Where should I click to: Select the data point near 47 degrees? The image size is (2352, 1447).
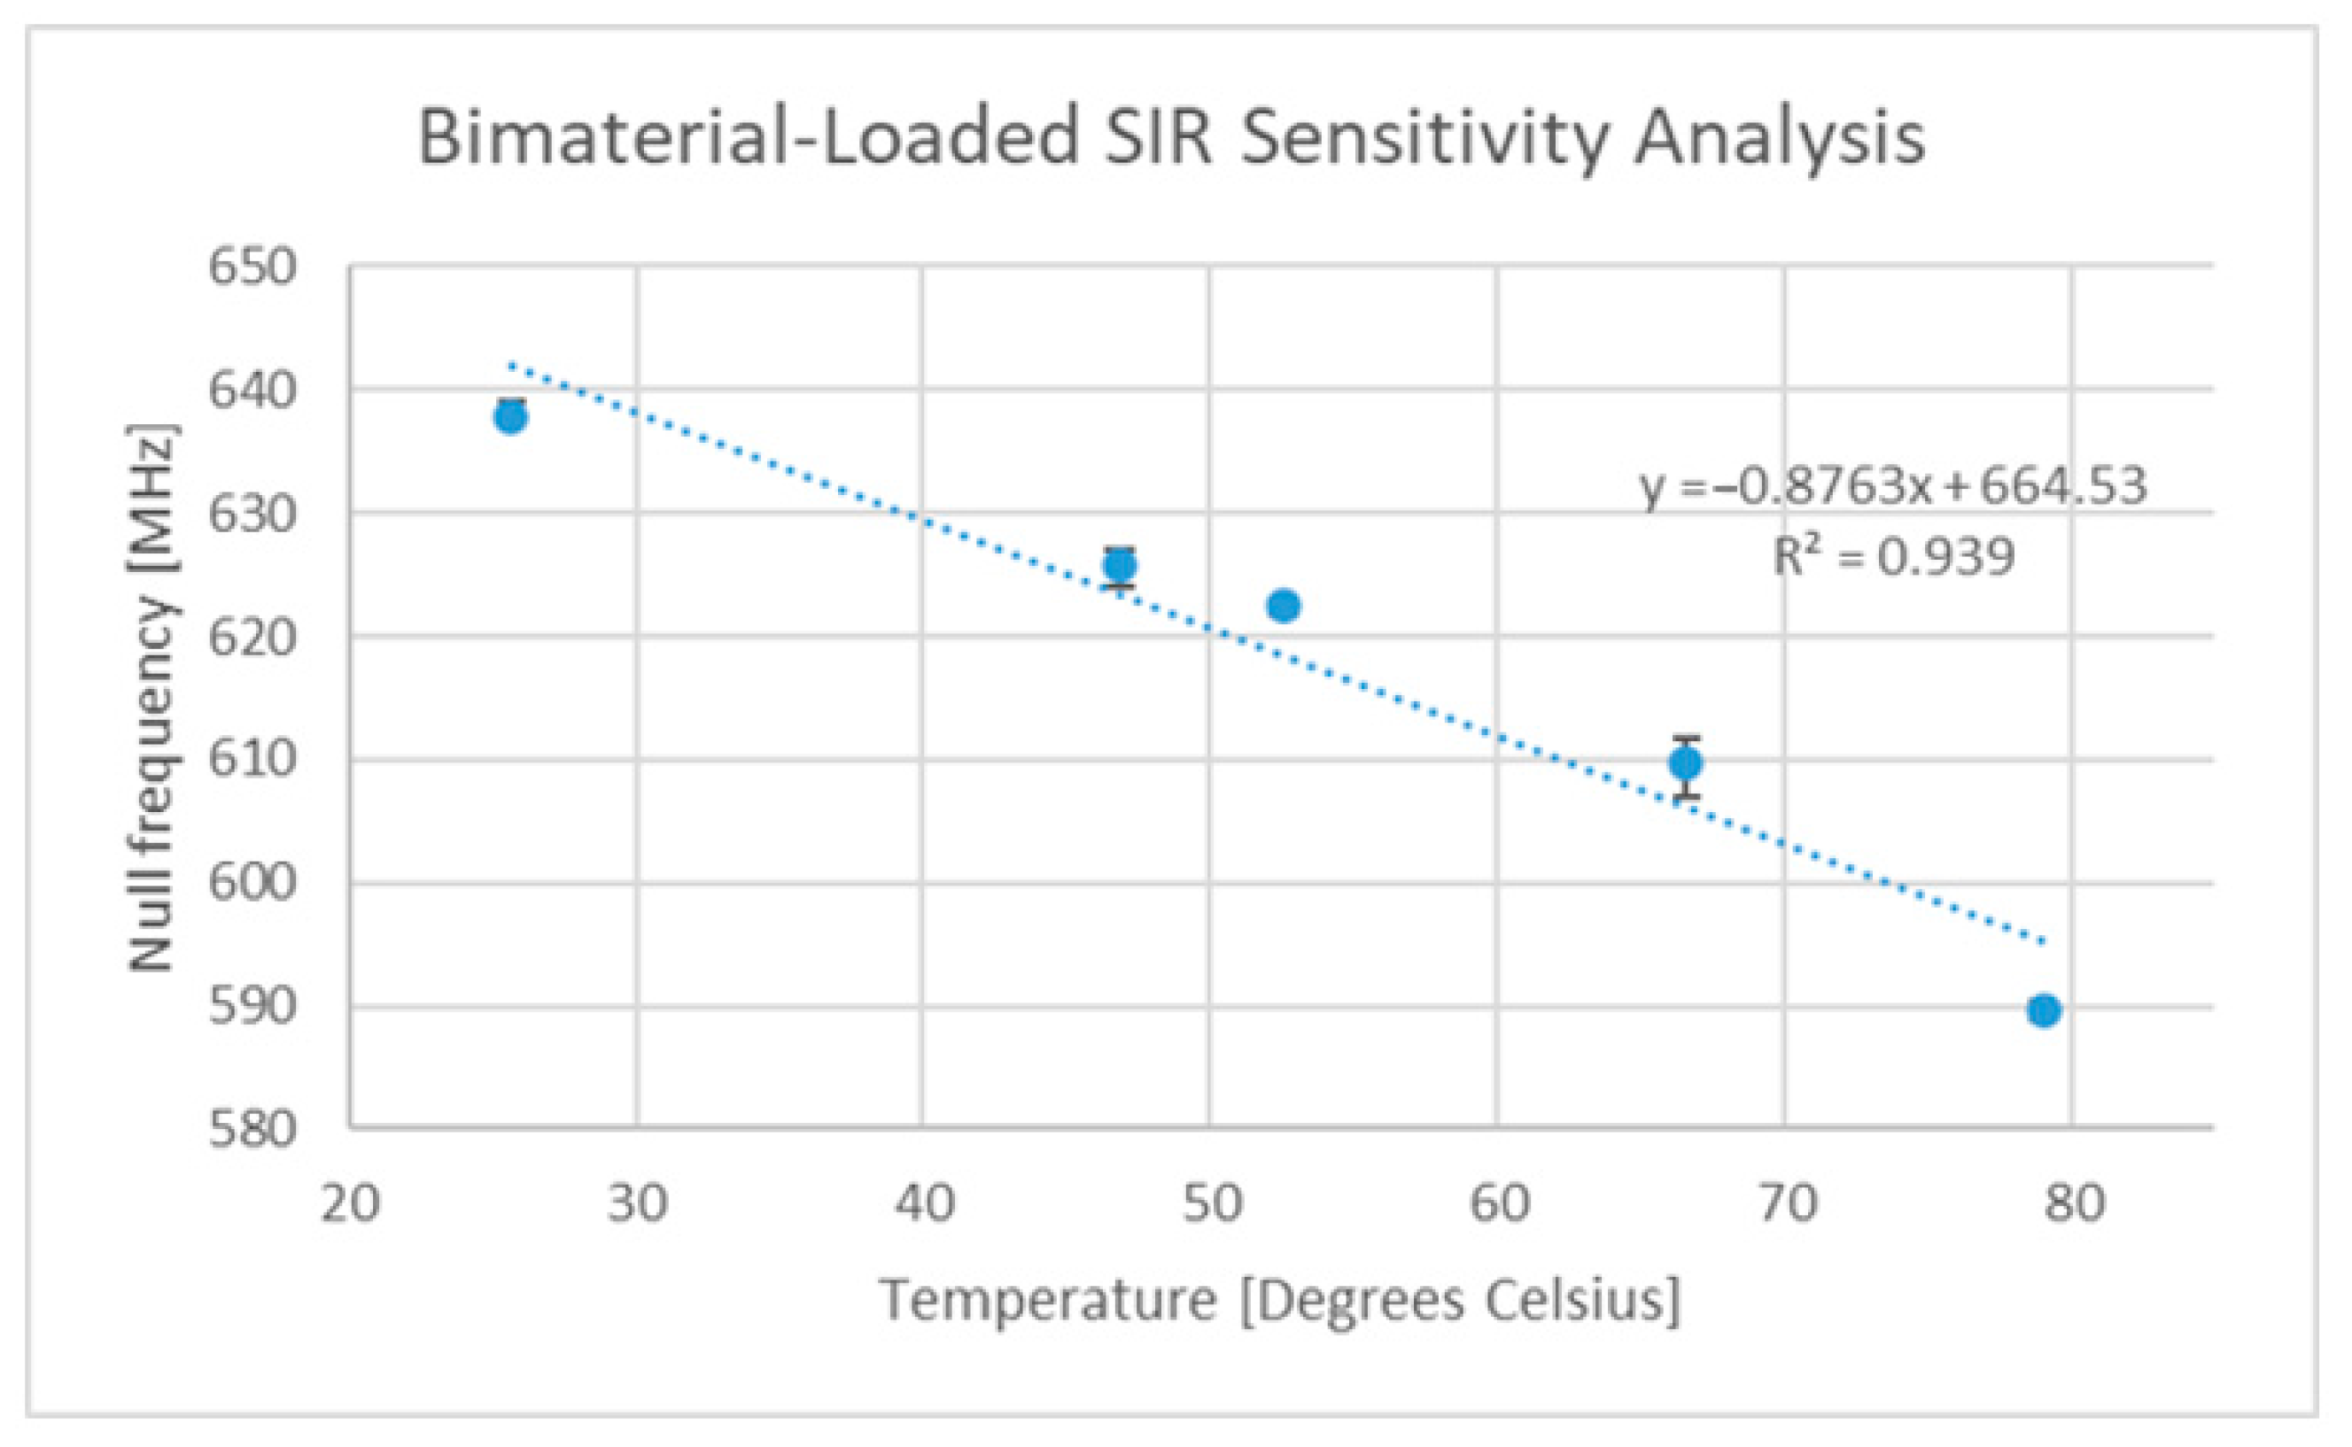[x=1119, y=566]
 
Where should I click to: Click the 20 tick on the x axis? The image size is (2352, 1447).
[x=349, y=1204]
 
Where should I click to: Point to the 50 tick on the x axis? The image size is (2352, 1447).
[x=1210, y=1204]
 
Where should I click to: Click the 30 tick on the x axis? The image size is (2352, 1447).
[x=637, y=1204]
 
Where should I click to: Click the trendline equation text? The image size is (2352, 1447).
[x=1893, y=487]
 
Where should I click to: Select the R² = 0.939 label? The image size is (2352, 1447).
[x=1893, y=557]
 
